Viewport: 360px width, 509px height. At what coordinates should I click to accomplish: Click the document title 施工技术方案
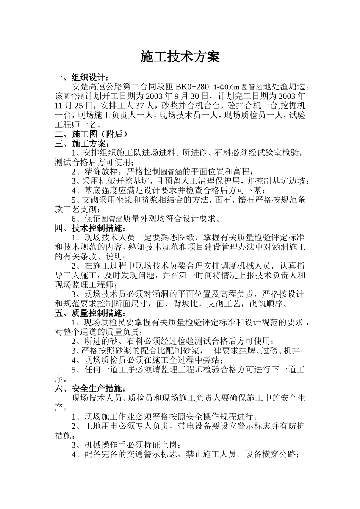point(180,57)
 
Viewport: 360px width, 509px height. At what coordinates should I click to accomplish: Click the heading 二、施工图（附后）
point(91,134)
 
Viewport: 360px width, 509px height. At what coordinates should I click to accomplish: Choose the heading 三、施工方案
point(81,144)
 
